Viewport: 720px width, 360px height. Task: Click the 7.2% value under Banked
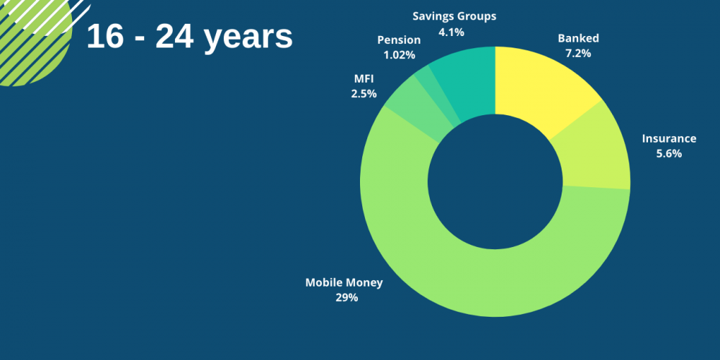(578, 53)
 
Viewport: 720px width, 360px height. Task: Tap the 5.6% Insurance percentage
(669, 154)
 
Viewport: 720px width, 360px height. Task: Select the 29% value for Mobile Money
(347, 297)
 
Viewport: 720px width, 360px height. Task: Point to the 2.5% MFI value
(364, 94)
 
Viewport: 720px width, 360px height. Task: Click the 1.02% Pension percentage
(399, 55)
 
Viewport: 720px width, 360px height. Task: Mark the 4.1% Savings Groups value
(451, 32)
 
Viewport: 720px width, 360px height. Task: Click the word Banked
(578, 38)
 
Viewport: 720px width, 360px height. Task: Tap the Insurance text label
(669, 138)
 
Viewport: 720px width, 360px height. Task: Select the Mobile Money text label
(344, 282)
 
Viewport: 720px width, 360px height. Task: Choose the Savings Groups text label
(454, 17)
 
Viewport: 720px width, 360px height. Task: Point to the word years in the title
(248, 37)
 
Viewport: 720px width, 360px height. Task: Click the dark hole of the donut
(495, 181)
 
